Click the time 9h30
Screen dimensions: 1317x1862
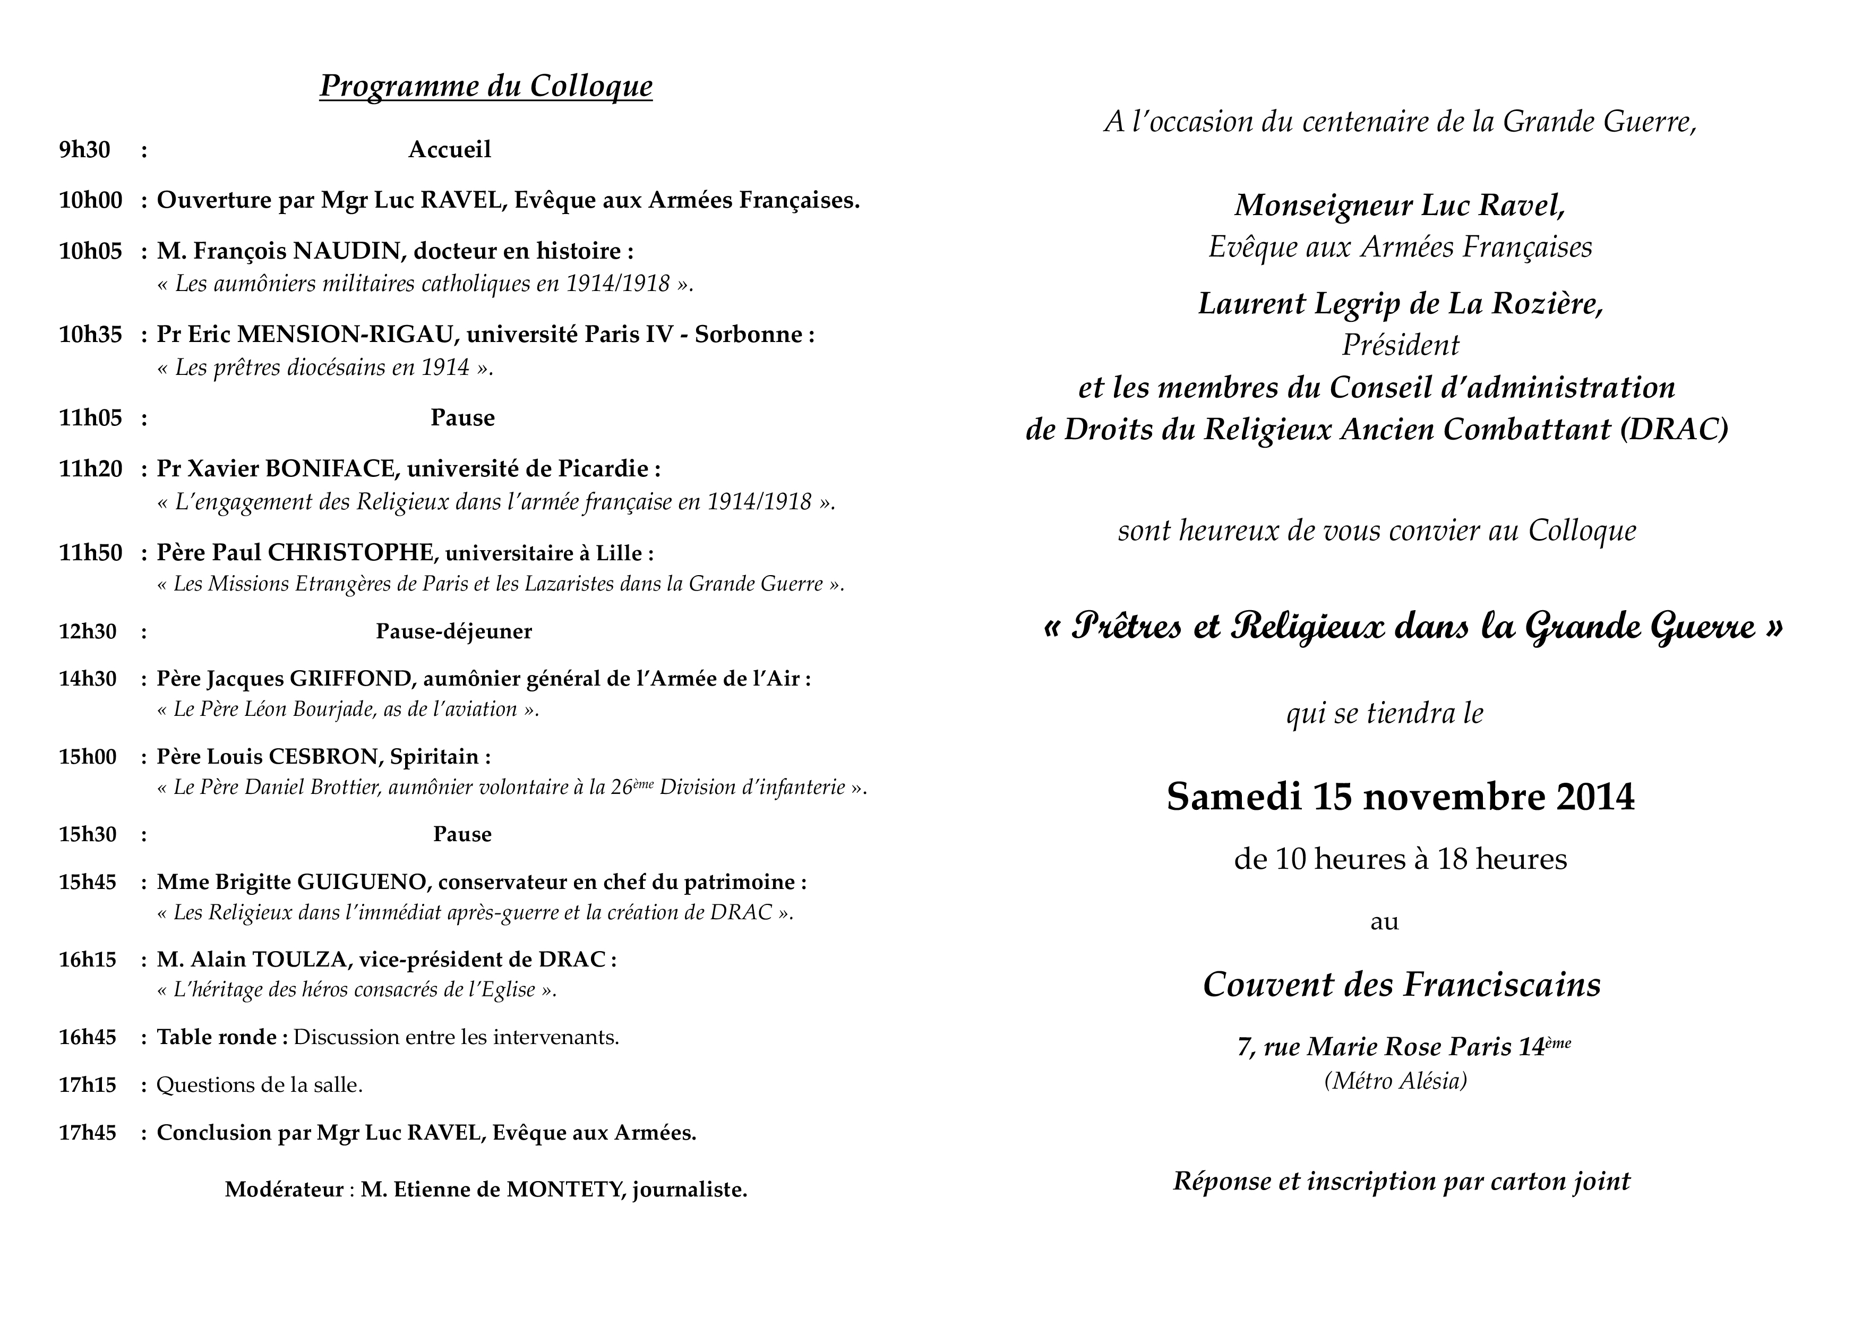(84, 150)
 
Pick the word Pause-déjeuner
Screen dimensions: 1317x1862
(453, 632)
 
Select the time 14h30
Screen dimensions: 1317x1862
(88, 679)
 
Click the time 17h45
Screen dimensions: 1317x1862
(88, 1133)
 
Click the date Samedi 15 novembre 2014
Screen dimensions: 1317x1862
(1401, 797)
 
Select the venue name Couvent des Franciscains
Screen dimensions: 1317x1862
(1401, 985)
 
